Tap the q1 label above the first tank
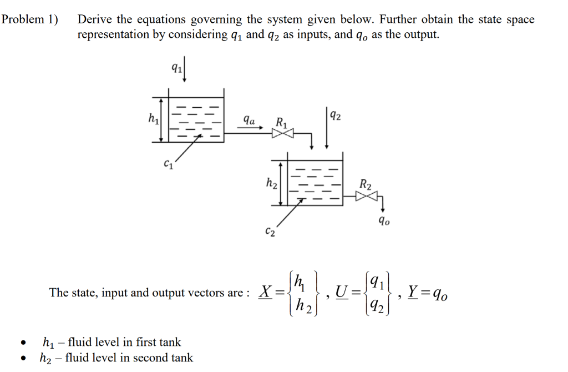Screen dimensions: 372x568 pos(175,68)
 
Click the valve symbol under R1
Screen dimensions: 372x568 pos(278,133)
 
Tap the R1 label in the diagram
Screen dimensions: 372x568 pos(281,122)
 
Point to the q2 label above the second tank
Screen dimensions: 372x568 pos(335,116)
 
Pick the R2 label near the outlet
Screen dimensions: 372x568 pos(366,183)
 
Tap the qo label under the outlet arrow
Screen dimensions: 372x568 pos(384,222)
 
